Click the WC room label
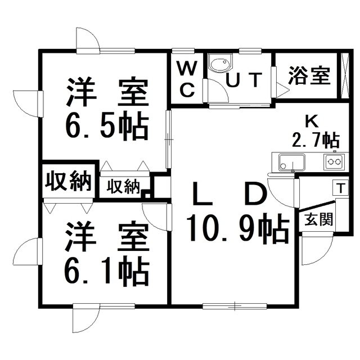pos(187,78)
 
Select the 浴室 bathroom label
pos(309,76)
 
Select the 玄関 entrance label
pos(318,219)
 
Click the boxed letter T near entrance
pos(341,187)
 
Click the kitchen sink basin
pos(292,161)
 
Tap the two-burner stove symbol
pos(334,162)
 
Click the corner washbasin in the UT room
pos(218,64)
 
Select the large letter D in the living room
pos(254,195)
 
